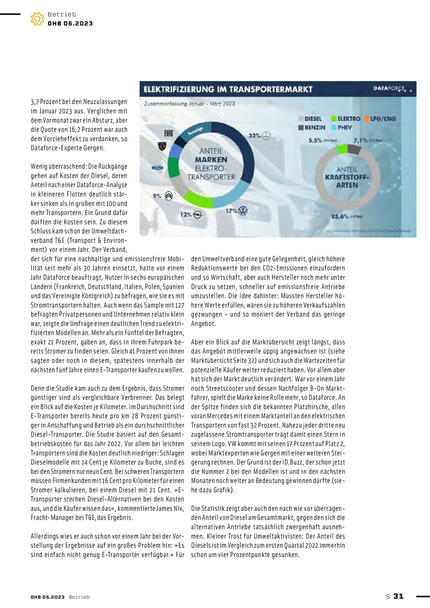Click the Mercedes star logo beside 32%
266,136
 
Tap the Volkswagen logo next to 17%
243,211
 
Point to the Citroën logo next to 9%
169,196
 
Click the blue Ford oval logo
158,168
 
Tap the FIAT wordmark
169,133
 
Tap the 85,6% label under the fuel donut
340,216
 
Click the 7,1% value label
360,140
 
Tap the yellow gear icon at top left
37,19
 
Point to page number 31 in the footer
398,596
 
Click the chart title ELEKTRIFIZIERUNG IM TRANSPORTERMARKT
228,89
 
